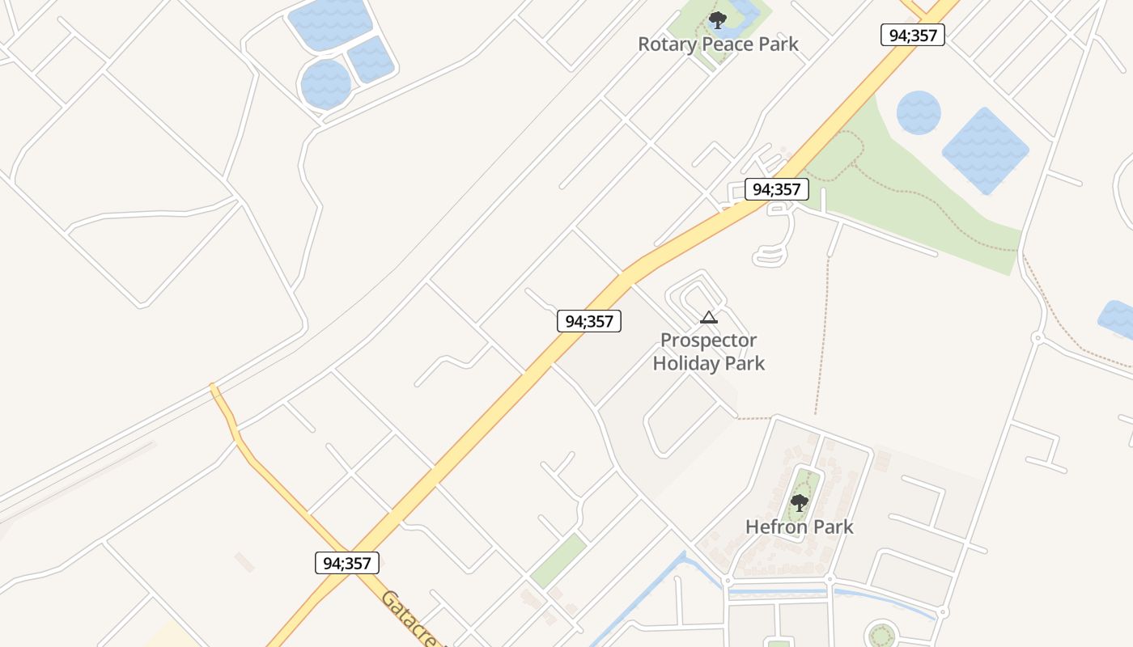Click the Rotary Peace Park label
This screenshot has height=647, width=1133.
click(x=718, y=44)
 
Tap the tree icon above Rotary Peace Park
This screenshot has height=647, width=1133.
click(x=716, y=20)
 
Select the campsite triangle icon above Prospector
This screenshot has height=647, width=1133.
click(x=709, y=318)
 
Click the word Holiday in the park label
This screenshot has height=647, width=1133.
click(x=687, y=363)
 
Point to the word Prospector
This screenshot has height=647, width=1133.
click(x=709, y=340)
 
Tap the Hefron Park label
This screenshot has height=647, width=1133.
click(x=800, y=527)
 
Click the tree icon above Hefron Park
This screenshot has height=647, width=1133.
click(x=800, y=503)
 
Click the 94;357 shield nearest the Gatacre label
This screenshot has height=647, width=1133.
click(x=346, y=563)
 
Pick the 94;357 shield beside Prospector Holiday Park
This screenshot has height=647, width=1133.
click(x=588, y=321)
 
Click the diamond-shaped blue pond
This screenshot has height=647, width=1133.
click(x=985, y=150)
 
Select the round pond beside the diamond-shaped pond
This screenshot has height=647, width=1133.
click(x=919, y=112)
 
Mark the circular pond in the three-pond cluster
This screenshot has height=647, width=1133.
click(x=325, y=84)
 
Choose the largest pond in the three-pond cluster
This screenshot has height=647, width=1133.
click(x=329, y=23)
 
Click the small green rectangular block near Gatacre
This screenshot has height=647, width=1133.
click(x=558, y=560)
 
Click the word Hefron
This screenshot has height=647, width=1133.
click(x=774, y=527)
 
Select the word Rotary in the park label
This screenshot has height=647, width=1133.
click(x=666, y=44)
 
